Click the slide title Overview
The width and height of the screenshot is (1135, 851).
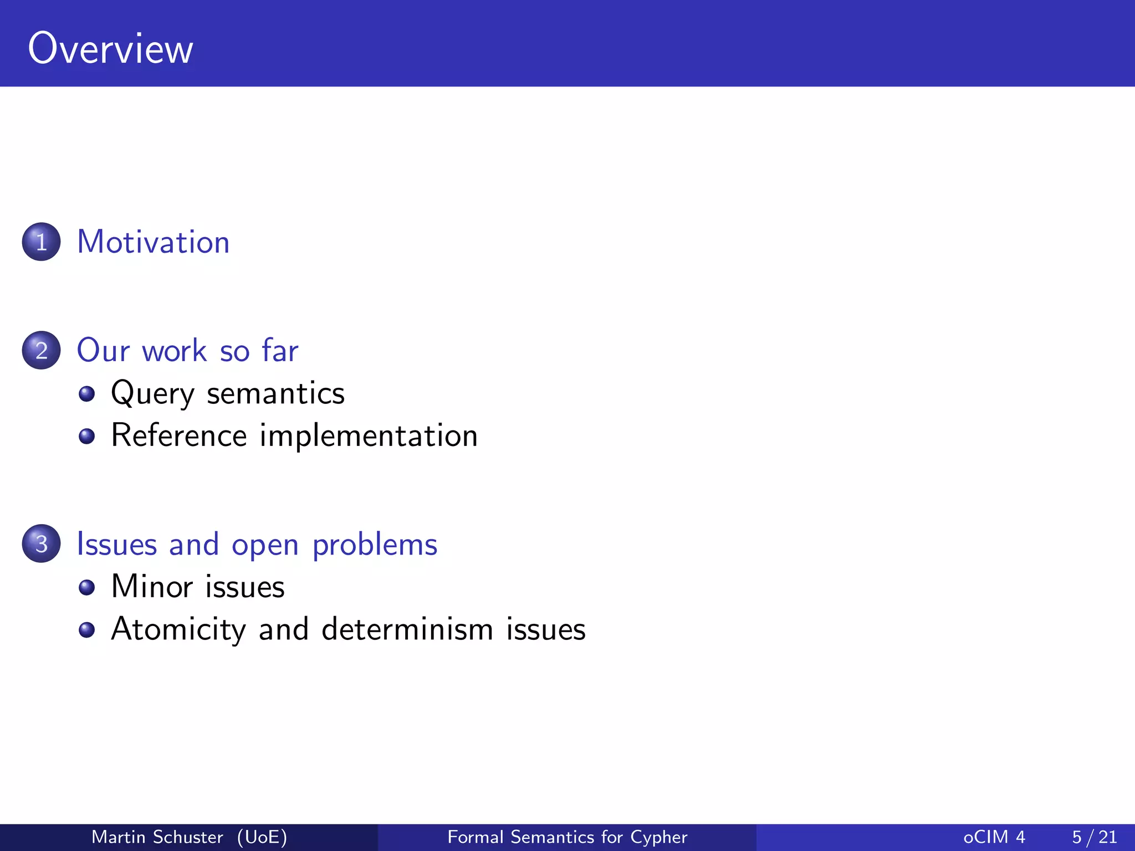[x=110, y=49]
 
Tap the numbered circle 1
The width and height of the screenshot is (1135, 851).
[x=41, y=242]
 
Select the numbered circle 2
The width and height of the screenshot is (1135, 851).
[x=41, y=350]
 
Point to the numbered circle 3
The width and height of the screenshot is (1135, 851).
[x=41, y=544]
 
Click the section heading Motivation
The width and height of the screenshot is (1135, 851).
[x=153, y=242]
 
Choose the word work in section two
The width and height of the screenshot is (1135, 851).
[x=174, y=351]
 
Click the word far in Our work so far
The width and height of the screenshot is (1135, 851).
[x=280, y=350]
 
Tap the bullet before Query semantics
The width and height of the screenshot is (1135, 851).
[x=86, y=394]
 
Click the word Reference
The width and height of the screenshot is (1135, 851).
[x=178, y=435]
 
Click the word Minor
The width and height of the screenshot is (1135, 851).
[x=152, y=587]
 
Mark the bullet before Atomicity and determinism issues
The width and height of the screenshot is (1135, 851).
[x=86, y=630]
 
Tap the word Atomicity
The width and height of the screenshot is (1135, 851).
[x=178, y=630]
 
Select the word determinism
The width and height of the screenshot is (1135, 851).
[x=407, y=630]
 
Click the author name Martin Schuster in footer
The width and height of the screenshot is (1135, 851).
[x=157, y=837]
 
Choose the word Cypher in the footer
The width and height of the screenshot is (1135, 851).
[x=659, y=837]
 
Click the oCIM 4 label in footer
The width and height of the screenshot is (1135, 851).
[x=994, y=837]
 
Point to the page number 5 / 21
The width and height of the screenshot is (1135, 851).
[x=1094, y=837]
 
